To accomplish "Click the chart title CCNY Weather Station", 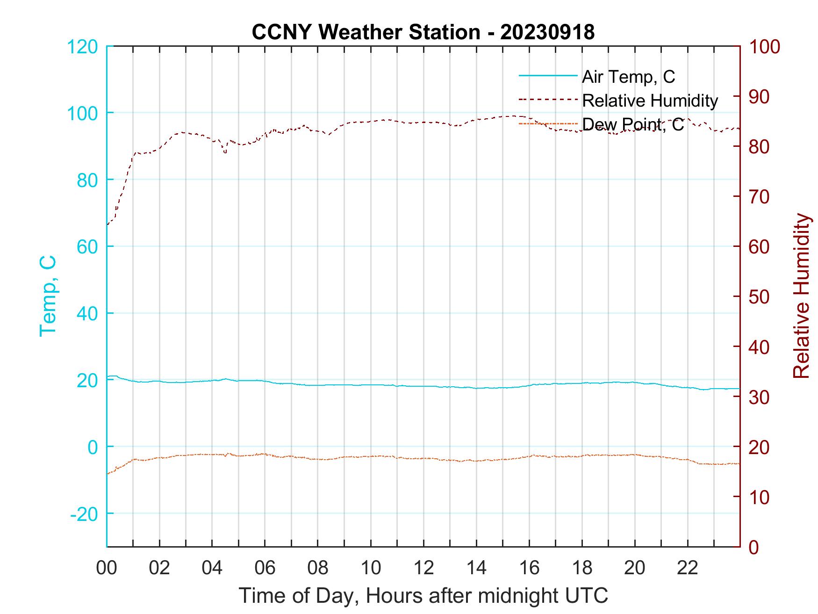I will point(366,32).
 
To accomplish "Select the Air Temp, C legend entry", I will point(628,77).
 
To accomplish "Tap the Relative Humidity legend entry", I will point(649,101).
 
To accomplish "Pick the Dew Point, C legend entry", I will point(632,124).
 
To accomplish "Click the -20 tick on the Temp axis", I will point(84,514).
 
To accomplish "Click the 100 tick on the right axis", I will point(765,47).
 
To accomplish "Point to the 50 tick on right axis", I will point(760,297).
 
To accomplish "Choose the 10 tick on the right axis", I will point(760,497).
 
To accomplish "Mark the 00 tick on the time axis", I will point(107,568).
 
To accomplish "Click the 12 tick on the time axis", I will point(423,568).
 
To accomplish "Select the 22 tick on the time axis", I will point(688,568).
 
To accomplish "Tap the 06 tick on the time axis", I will point(265,568).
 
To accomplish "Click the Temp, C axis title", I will point(48,296).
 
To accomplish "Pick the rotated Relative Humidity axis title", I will point(801,296).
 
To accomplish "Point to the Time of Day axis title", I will point(423,596).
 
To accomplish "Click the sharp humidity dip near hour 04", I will point(225,152).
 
